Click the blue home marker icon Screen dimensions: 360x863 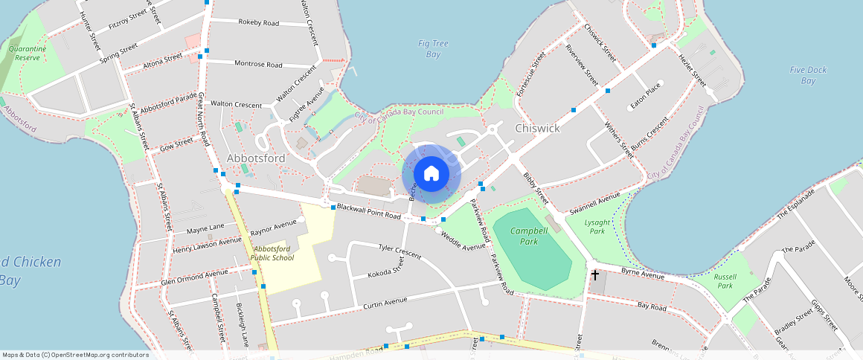[431, 174]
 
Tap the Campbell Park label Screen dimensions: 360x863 [529, 236]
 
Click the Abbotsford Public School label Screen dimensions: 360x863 [272, 253]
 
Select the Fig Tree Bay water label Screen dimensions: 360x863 [433, 49]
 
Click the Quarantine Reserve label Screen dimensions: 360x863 [28, 53]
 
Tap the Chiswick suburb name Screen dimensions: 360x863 [537, 129]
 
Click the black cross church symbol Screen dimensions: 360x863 [594, 275]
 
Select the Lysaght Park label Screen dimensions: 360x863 [597, 226]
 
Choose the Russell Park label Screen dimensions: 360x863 [725, 280]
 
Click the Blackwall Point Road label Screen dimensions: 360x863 [368, 212]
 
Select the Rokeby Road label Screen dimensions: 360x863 [258, 23]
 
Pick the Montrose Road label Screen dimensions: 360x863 [258, 65]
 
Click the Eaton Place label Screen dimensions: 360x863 [645, 96]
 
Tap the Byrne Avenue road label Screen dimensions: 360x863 [642, 275]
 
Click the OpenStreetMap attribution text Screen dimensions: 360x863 [75, 355]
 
